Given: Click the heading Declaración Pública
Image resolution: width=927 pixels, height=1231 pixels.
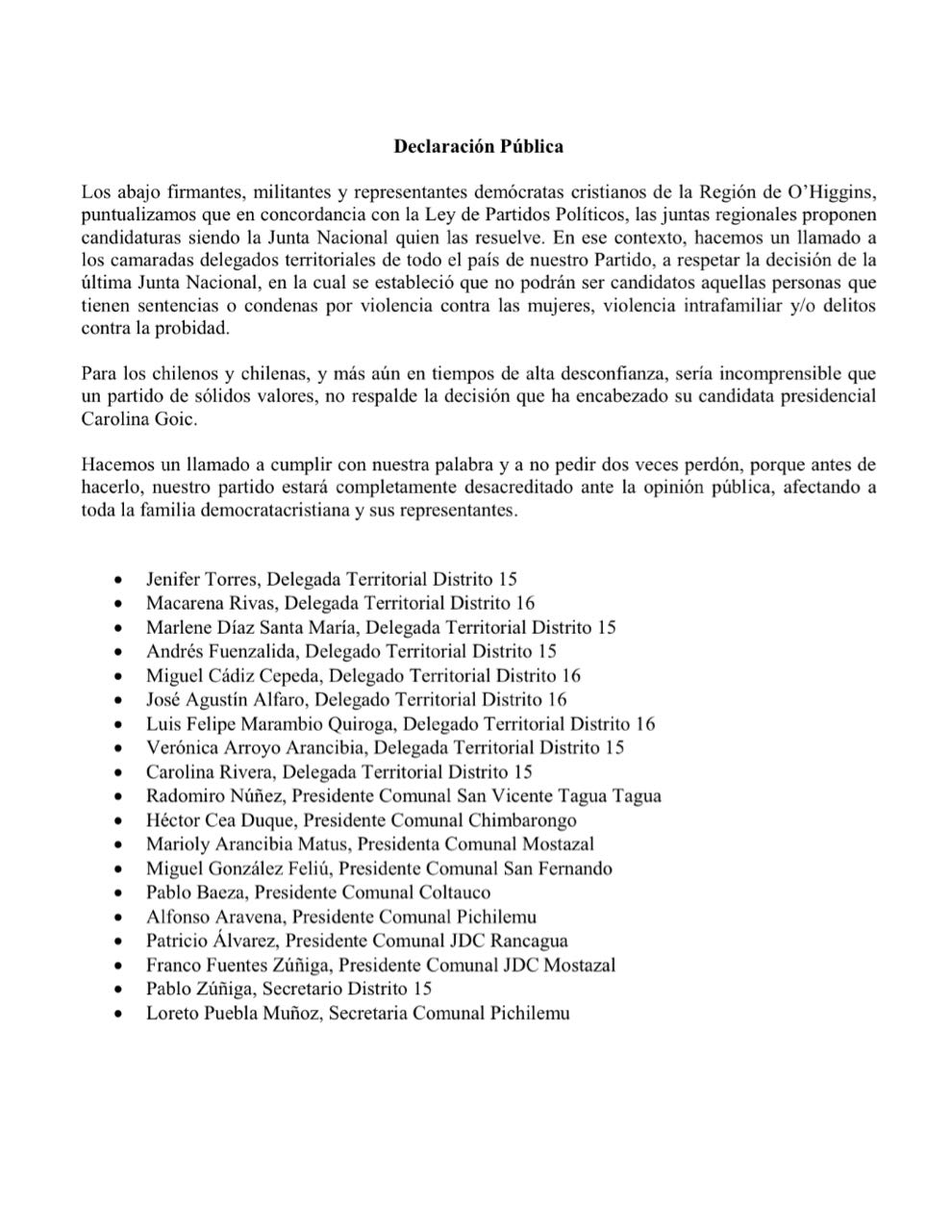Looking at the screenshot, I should click(478, 147).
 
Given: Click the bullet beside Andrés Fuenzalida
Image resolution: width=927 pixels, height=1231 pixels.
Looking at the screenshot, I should click(118, 652).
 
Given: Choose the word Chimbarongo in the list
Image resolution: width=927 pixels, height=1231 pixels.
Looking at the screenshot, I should click(522, 820).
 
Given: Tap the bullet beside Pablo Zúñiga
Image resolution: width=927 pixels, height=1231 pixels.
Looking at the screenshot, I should click(118, 989).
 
